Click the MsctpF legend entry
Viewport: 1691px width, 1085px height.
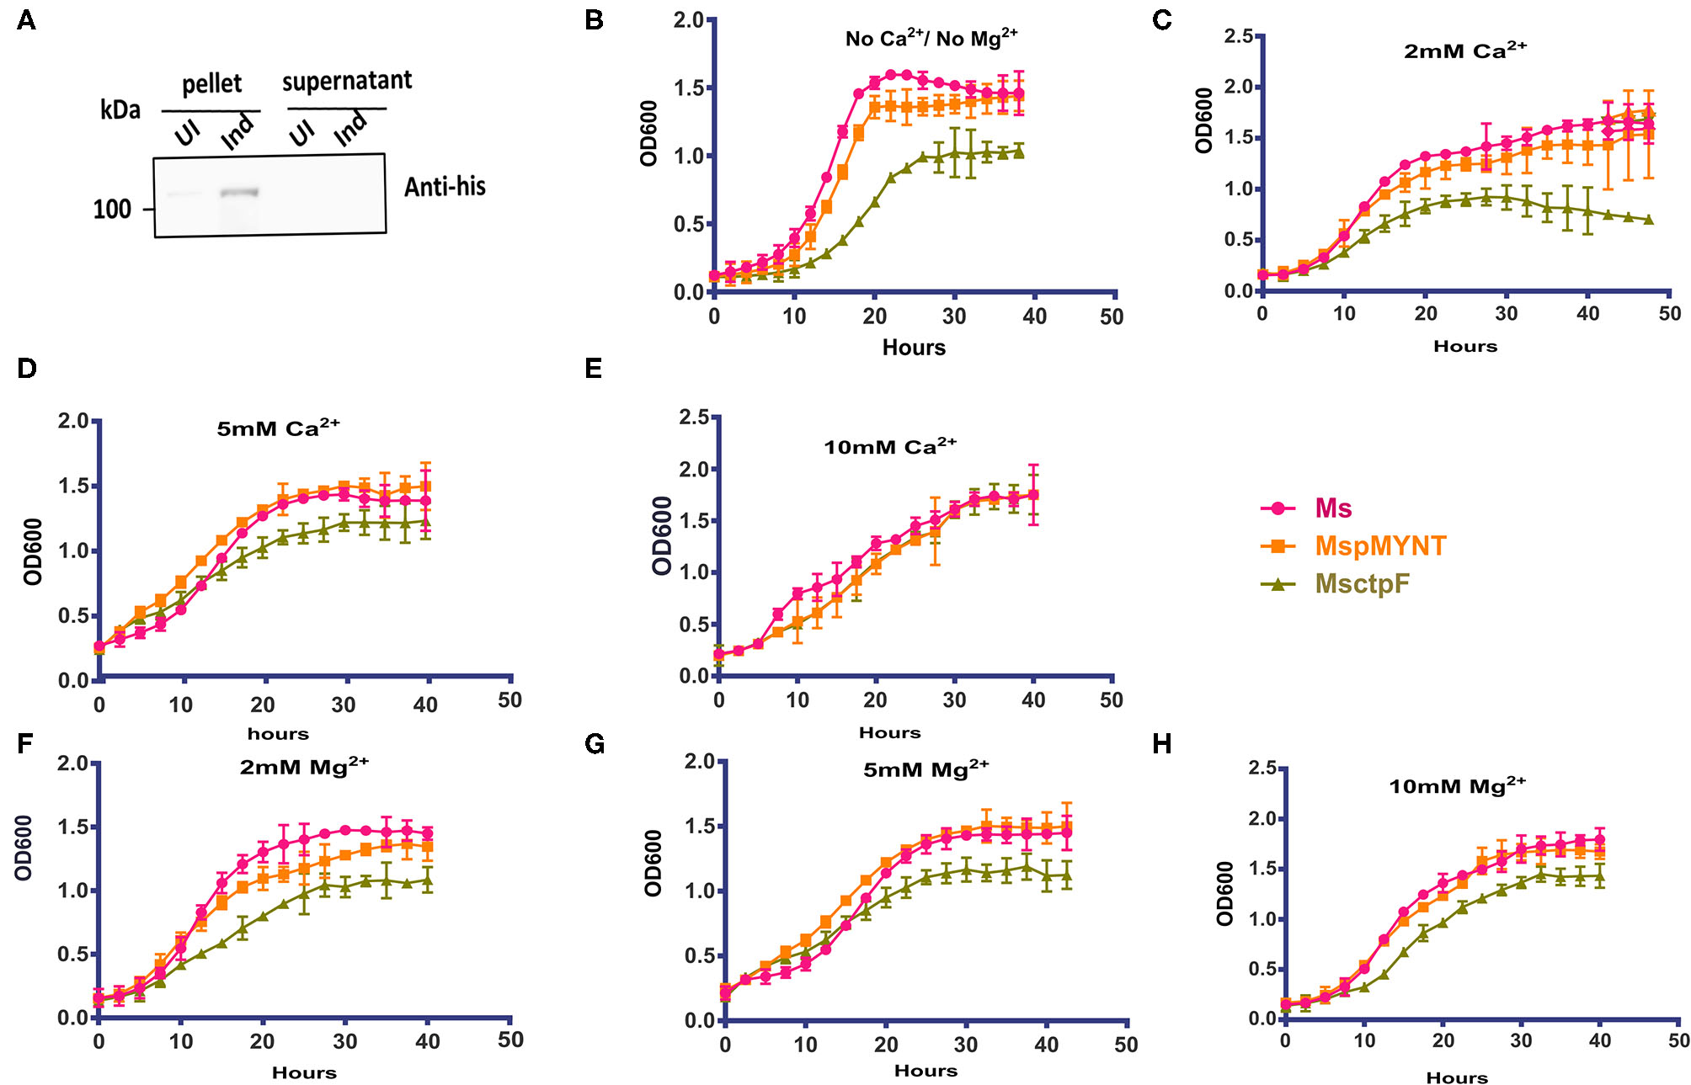(1361, 584)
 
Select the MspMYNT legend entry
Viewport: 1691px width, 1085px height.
(1379, 546)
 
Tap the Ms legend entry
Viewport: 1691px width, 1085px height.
(1333, 508)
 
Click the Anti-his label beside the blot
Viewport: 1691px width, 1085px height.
(445, 187)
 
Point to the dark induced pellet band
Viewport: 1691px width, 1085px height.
(239, 193)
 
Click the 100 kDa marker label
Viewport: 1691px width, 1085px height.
(112, 209)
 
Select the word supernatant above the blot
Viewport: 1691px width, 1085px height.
(347, 82)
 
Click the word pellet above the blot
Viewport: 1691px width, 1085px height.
(211, 84)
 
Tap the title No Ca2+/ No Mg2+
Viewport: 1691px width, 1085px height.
(931, 39)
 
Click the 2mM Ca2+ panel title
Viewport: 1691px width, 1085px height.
(1465, 51)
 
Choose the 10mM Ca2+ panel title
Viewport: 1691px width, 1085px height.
(890, 446)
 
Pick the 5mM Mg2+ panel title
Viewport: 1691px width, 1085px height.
(926, 769)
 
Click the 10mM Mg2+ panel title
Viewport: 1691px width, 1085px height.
(1457, 786)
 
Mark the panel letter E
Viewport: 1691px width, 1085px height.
(594, 369)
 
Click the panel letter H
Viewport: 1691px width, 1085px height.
(1162, 744)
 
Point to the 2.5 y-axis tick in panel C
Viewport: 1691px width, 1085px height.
(1238, 36)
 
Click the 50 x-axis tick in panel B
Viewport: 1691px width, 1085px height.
(1112, 316)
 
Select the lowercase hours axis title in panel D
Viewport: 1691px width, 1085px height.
(278, 734)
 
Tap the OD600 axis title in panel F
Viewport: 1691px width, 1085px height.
(24, 848)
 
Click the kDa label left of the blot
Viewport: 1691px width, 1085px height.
(120, 110)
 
